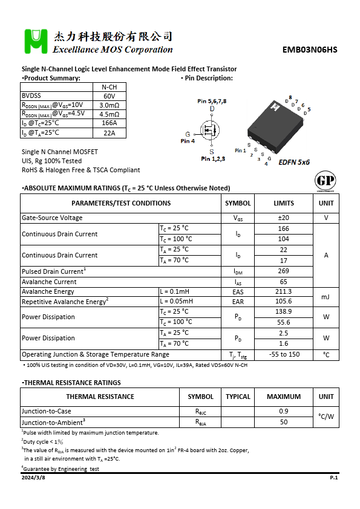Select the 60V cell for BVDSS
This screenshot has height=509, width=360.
pyautogui.click(x=109, y=96)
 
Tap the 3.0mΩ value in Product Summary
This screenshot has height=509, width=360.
pyautogui.click(x=109, y=105)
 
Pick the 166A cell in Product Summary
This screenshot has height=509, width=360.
pyautogui.click(x=109, y=123)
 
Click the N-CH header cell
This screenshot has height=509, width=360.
pyautogui.click(x=109, y=87)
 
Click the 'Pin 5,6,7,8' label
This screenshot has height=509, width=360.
pyautogui.click(x=212, y=101)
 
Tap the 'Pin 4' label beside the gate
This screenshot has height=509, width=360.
pyautogui.click(x=188, y=141)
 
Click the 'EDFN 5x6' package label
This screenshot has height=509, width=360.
pyautogui.click(x=294, y=163)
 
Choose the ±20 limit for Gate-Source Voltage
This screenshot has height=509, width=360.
pyautogui.click(x=283, y=218)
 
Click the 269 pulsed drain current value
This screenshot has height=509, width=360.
pyautogui.click(x=283, y=271)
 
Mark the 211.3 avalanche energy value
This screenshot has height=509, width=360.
pyautogui.click(x=283, y=291)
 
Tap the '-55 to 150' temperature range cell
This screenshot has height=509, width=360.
pyautogui.click(x=283, y=354)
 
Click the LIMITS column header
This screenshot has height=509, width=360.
pyautogui.click(x=283, y=203)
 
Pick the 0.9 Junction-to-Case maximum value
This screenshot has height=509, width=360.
pyautogui.click(x=283, y=412)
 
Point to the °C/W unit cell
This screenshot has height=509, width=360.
pyautogui.click(x=326, y=417)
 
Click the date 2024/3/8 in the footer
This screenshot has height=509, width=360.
pyautogui.click(x=33, y=478)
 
